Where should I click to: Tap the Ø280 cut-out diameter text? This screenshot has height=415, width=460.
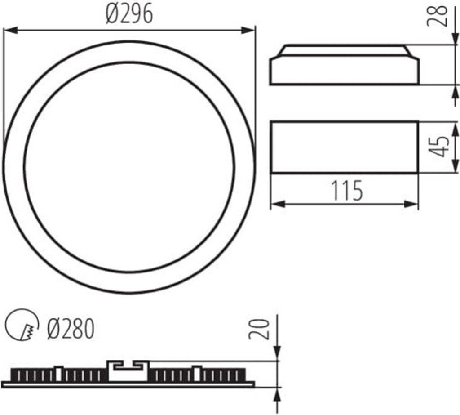click(x=71, y=330)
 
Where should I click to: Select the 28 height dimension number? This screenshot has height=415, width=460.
click(x=442, y=16)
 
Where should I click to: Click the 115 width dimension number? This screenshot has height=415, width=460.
click(x=347, y=191)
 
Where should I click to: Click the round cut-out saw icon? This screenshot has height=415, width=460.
click(x=21, y=325)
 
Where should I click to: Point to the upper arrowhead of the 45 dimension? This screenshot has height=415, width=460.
click(x=455, y=128)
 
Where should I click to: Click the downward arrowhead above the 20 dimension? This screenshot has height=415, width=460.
click(x=277, y=354)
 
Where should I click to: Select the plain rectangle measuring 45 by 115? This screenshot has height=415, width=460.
click(x=345, y=147)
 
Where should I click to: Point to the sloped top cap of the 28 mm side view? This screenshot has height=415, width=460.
click(x=345, y=50)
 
